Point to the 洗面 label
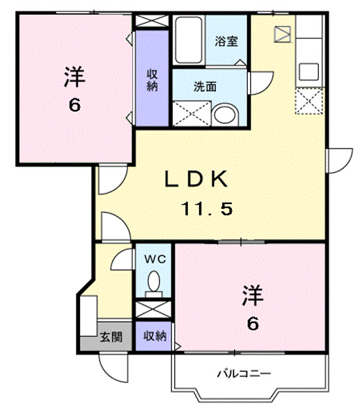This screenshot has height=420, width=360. (x=204, y=88)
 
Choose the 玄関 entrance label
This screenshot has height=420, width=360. (x=111, y=337)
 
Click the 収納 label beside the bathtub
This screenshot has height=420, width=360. (x=152, y=81)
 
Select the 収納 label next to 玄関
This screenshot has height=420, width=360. (x=155, y=336)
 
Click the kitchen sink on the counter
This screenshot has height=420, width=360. (x=307, y=72)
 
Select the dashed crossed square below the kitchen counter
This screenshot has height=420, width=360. (x=307, y=102)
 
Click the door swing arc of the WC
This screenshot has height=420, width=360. (x=122, y=259)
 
